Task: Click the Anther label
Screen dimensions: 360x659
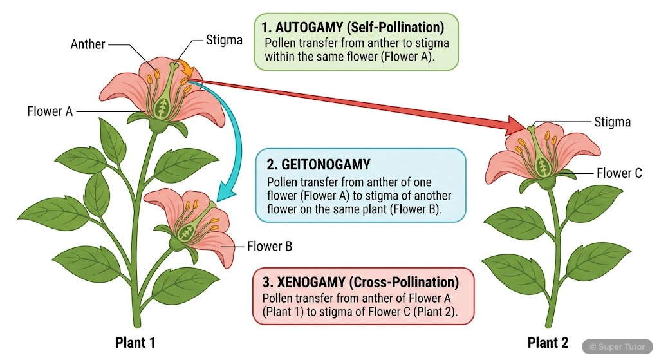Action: (x=88, y=44)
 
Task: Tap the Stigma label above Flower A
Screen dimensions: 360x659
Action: (x=224, y=40)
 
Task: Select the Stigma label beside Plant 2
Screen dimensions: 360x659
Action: (x=612, y=122)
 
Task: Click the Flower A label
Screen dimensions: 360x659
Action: (x=50, y=111)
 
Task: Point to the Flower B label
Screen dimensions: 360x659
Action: (x=270, y=246)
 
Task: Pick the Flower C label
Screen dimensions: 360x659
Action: (x=619, y=173)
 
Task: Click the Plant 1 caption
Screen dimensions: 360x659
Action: (x=135, y=342)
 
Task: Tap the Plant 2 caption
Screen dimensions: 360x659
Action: (x=548, y=342)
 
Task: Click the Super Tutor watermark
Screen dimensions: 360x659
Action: (x=618, y=346)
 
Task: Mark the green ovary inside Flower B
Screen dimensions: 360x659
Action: (x=187, y=230)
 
